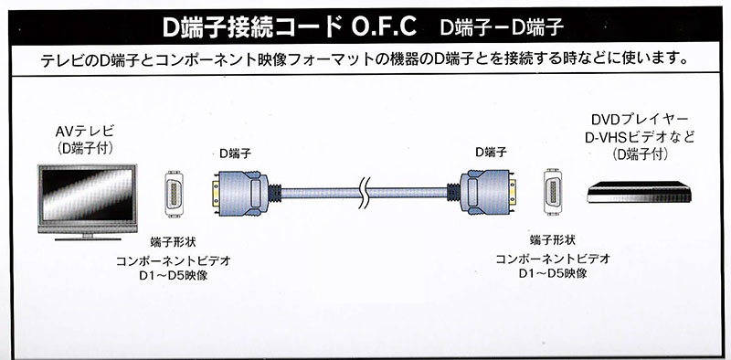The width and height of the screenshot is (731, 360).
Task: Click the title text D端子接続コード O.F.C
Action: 290,27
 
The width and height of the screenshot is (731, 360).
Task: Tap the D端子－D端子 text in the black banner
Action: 502,27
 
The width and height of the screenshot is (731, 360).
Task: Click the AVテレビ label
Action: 84,132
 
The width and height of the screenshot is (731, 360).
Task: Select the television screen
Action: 88,195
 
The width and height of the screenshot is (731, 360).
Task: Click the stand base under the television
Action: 88,238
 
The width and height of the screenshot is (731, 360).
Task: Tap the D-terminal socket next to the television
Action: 174,194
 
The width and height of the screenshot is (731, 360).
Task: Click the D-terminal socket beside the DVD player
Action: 553,192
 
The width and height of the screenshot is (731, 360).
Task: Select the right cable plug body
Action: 485,192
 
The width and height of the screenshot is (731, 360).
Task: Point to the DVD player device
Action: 639,192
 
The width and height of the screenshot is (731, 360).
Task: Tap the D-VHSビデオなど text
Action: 639,137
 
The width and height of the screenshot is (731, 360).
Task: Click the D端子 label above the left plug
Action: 235,154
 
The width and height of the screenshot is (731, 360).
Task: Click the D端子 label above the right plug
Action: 491,152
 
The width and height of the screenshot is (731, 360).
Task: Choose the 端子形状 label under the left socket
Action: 173,242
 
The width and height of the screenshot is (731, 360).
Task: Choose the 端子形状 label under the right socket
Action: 553,240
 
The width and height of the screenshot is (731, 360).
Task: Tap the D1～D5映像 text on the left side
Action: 174,276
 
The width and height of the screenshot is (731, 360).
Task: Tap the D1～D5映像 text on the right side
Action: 553,273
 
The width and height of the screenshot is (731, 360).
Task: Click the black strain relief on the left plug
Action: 275,193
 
